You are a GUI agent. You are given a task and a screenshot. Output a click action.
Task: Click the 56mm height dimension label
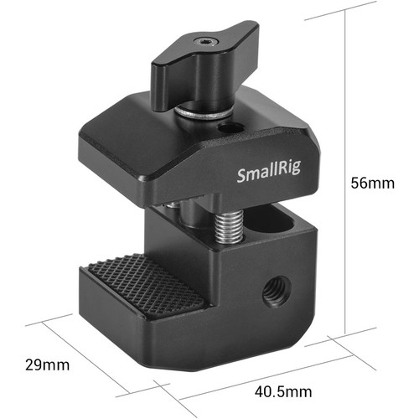coord(373,184)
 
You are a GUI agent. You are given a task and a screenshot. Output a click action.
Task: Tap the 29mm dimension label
coord(47,365)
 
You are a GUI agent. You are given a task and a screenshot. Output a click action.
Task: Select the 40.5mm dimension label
coord(283,391)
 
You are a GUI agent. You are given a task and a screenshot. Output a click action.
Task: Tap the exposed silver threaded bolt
coord(229,226)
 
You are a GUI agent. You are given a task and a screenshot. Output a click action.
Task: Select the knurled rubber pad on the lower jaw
coord(145,287)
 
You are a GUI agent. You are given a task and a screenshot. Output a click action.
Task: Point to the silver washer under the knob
coord(203,113)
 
